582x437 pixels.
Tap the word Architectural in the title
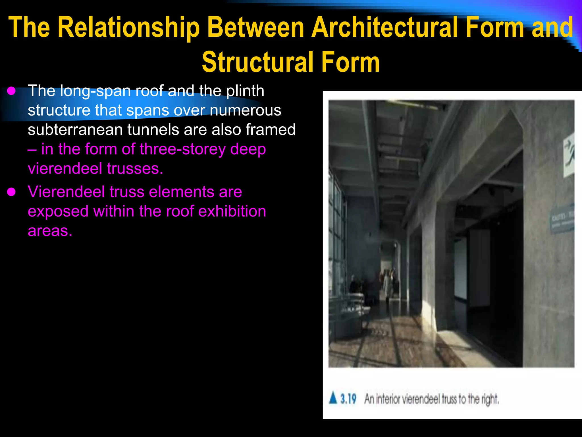coord(386,28)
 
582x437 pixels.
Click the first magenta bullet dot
coord(11,91)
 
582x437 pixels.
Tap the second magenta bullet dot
coord(11,192)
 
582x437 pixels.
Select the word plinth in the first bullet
coord(245,91)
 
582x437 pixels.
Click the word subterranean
coord(75,130)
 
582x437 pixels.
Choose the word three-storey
coord(182,149)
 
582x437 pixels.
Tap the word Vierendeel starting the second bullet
coord(66,192)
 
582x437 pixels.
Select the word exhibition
coord(232,211)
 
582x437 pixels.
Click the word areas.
coord(50,230)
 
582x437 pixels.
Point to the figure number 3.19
coord(348,399)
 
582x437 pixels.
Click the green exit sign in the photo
coord(569,156)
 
